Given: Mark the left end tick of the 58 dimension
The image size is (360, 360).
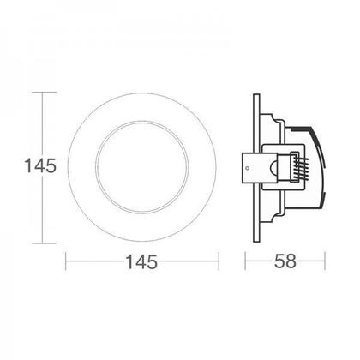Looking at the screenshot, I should click(248, 263).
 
